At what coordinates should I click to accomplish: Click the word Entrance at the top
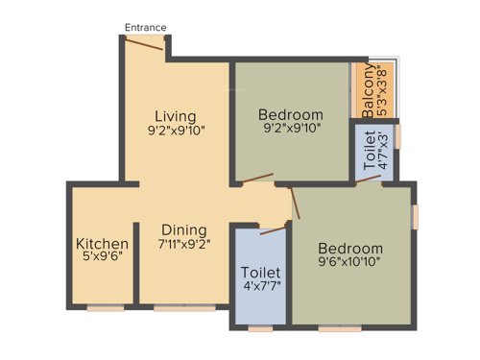click(146, 28)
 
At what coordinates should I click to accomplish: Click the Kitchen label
click(102, 244)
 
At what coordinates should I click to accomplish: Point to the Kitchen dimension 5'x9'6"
click(102, 258)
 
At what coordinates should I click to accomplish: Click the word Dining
click(183, 230)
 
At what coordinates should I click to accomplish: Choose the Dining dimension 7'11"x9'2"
click(184, 245)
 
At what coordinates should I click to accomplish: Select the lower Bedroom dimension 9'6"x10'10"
click(350, 262)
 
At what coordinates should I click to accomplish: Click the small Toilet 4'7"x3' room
click(375, 151)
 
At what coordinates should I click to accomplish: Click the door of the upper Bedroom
click(257, 180)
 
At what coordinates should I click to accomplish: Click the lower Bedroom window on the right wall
click(416, 216)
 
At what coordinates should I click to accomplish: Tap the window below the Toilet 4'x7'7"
click(260, 328)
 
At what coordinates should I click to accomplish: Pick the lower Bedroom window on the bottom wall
click(334, 328)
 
